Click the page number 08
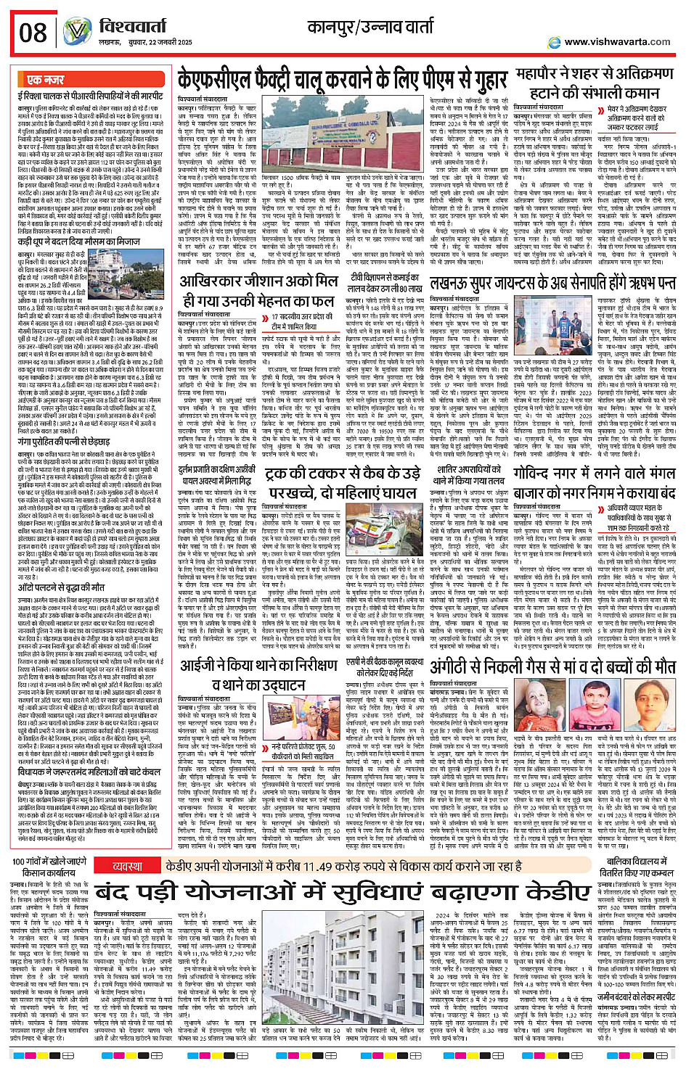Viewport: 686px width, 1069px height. pyautogui.click(x=33, y=32)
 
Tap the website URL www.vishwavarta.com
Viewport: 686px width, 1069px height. pyautogui.click(x=616, y=41)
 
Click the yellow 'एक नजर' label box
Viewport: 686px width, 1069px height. pyautogui.click(x=45, y=80)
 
